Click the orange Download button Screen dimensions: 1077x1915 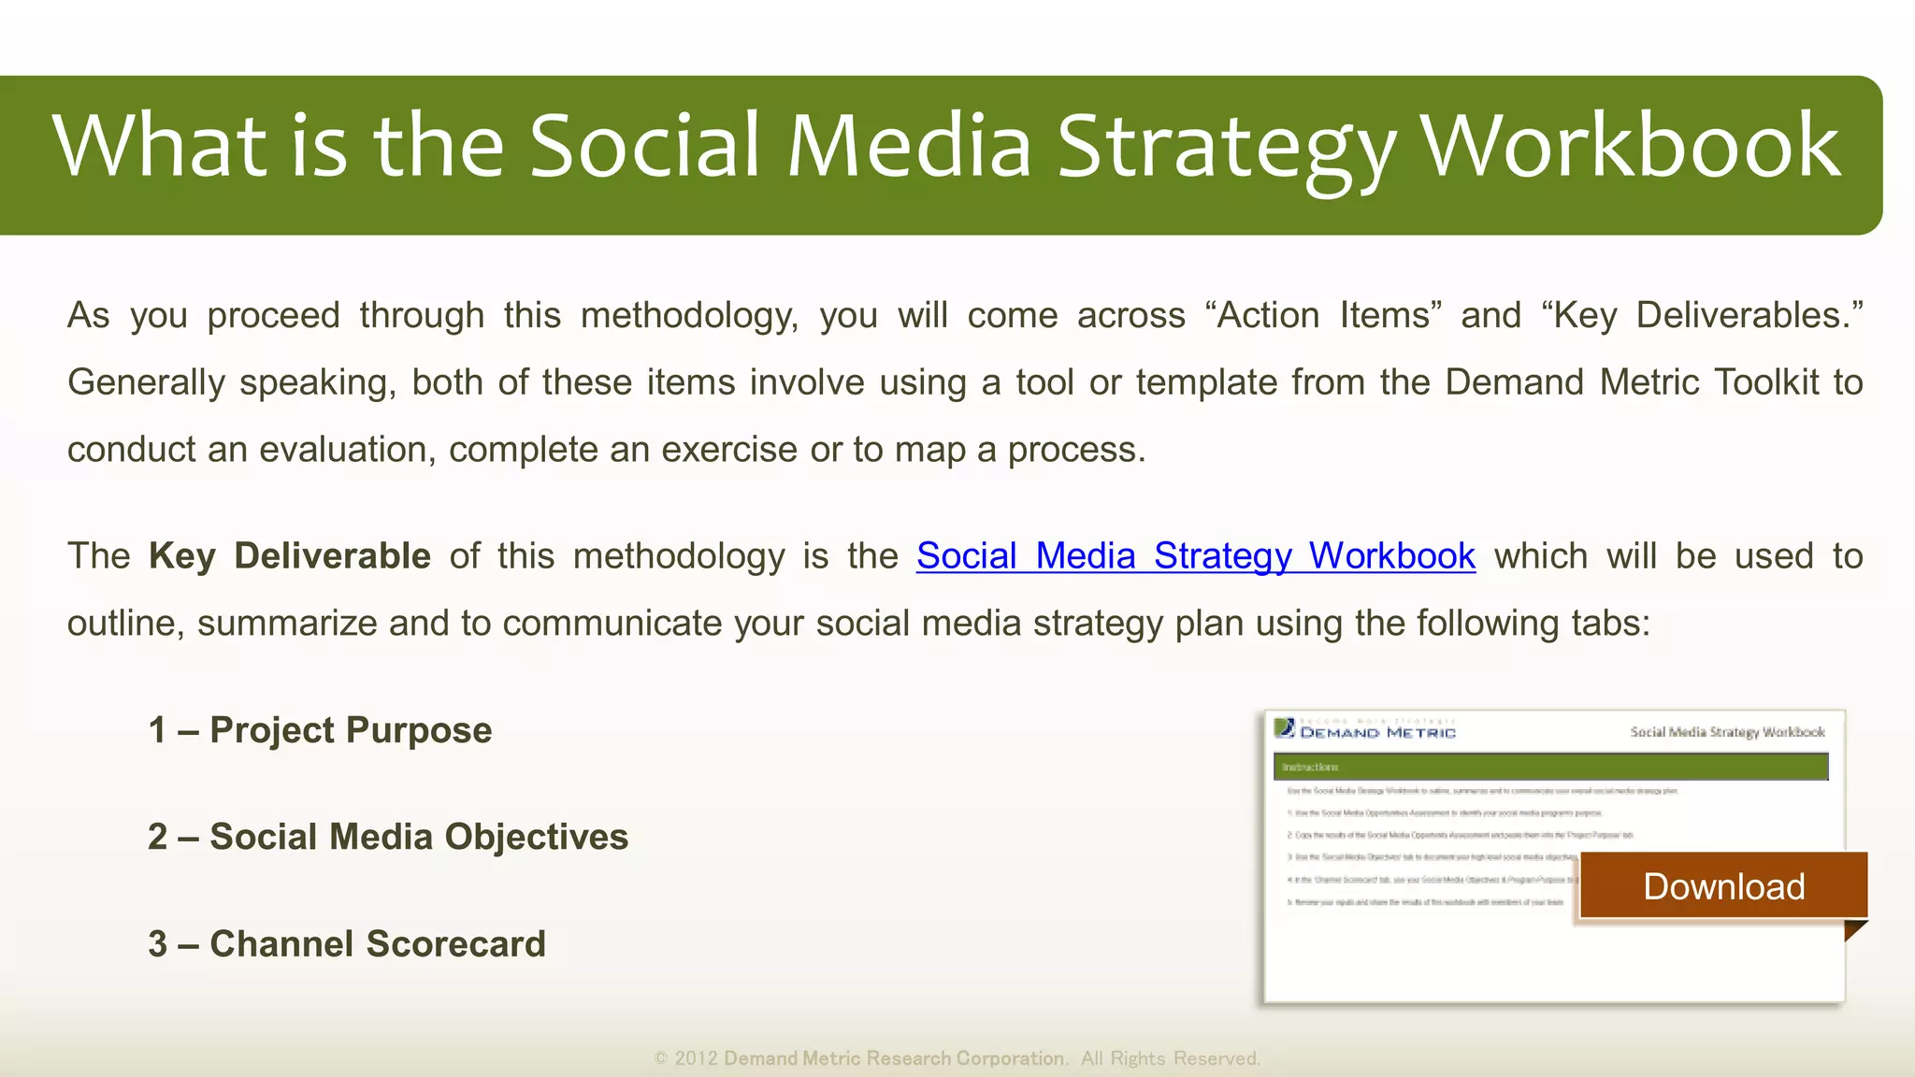[1723, 886]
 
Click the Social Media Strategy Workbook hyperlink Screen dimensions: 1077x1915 [1195, 556]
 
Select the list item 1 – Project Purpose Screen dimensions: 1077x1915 [320, 730]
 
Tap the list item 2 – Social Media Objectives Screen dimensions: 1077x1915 [388, 837]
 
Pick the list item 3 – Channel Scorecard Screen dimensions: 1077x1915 [347, 944]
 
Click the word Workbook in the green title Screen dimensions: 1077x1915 [1630, 147]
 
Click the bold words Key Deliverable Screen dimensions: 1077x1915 [289, 556]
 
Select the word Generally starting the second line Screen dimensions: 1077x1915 [146, 382]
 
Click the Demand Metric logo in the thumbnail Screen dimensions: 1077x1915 [1365, 730]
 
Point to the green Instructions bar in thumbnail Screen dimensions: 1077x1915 [1549, 767]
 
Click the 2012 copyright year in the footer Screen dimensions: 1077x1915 [696, 1058]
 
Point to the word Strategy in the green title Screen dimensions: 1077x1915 [1226, 147]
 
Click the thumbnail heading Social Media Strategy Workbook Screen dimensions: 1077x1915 [1727, 732]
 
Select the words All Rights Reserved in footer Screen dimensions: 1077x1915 [1170, 1058]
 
